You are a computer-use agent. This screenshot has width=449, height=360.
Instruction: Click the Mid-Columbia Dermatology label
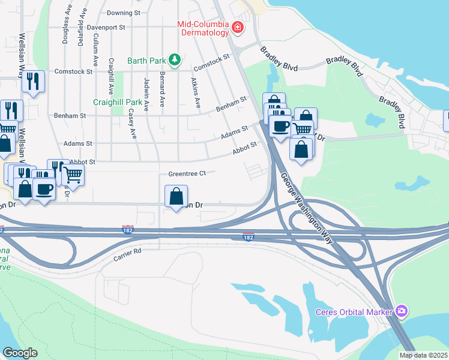click(202, 28)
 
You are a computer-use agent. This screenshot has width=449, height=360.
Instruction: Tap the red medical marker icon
click(238, 28)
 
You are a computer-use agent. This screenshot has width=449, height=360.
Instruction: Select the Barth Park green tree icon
click(175, 59)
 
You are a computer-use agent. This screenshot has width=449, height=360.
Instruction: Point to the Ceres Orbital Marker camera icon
click(402, 311)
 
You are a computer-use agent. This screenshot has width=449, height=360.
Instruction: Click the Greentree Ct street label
click(187, 173)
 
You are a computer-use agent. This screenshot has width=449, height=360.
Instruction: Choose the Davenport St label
click(105, 27)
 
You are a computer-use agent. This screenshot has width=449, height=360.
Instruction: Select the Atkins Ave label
click(194, 92)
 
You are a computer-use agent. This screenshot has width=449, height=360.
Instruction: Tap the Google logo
click(20, 352)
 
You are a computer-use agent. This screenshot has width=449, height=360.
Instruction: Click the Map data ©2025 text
click(424, 355)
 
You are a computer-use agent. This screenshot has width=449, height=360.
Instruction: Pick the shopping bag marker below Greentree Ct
click(176, 196)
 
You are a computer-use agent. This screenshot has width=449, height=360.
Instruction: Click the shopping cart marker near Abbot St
click(73, 174)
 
